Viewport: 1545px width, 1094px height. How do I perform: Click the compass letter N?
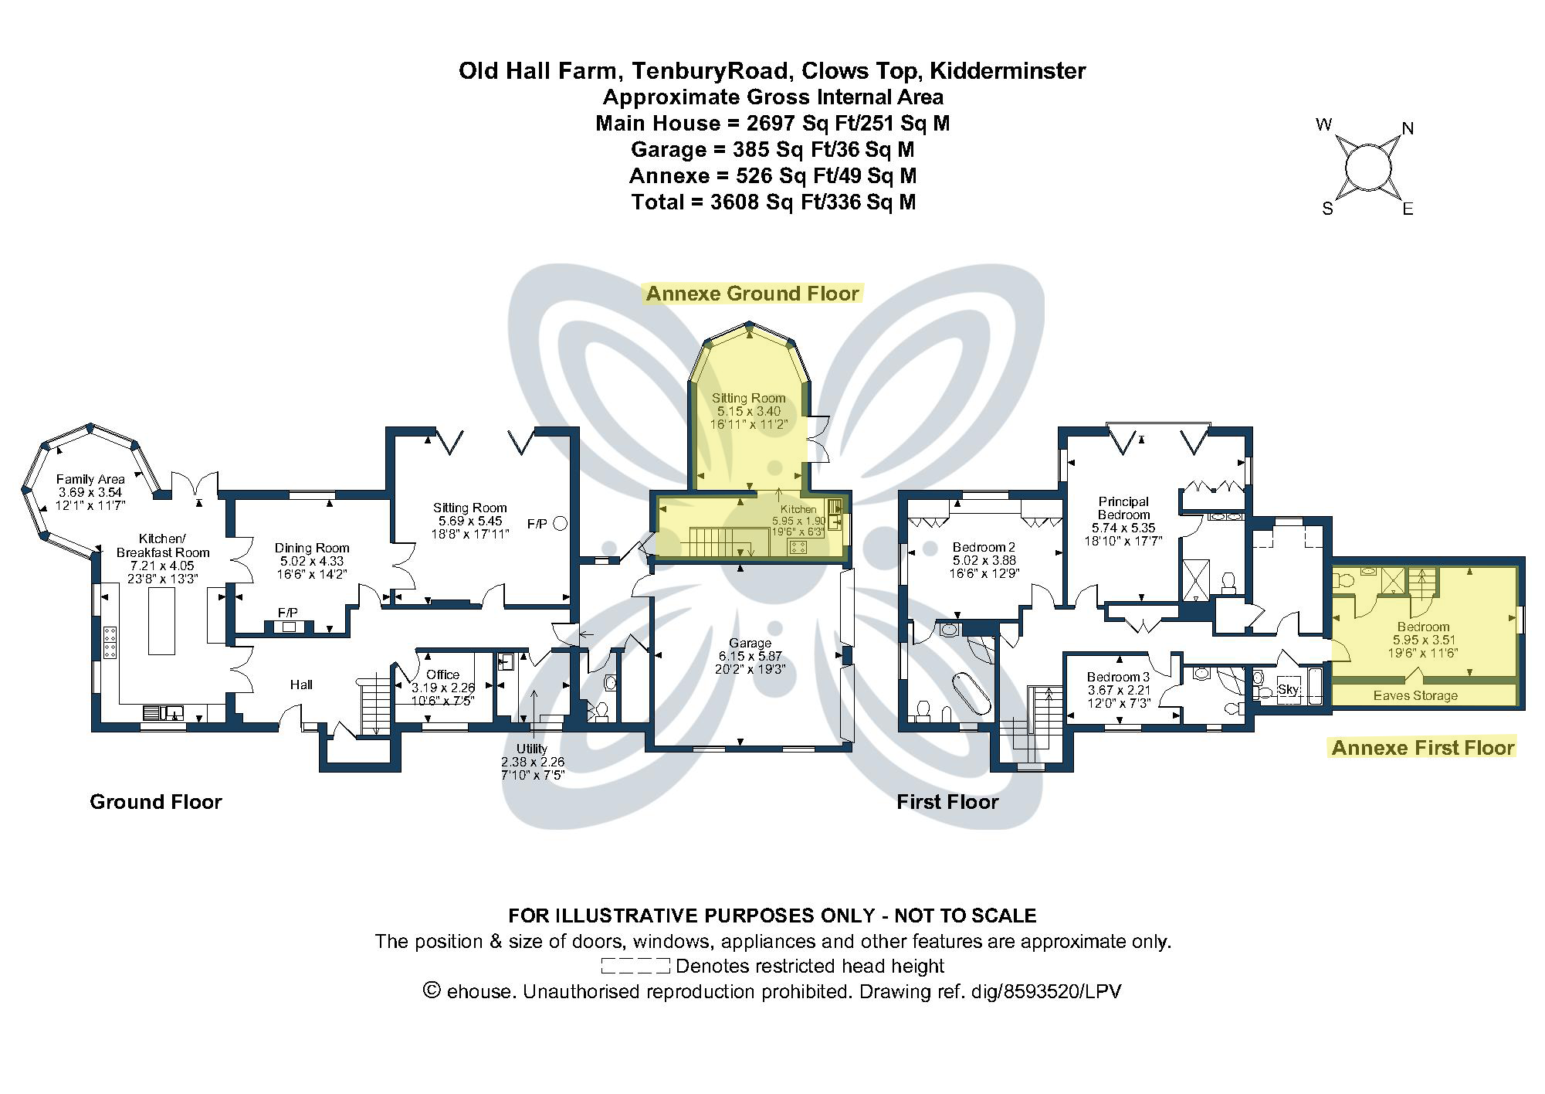1408,129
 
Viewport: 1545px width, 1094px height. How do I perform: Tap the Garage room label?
750,643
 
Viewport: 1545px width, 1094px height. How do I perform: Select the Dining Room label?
312,548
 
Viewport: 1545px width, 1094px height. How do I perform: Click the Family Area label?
90,479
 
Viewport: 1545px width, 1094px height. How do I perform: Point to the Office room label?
442,674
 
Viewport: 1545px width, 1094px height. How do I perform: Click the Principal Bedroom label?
1123,508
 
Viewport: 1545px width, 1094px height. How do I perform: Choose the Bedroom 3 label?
1118,677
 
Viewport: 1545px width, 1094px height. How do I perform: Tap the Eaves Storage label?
1415,695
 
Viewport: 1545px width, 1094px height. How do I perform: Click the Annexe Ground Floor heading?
752,294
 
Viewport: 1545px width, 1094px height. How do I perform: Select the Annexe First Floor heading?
1423,747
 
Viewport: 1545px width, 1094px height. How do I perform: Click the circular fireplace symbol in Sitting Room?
561,524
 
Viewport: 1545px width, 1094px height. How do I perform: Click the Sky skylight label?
1288,689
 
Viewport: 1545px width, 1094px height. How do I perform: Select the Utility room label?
532,749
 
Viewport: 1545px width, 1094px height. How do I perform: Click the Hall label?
301,685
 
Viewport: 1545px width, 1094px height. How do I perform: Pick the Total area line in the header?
773,202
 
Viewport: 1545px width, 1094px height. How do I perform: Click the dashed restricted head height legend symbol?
635,966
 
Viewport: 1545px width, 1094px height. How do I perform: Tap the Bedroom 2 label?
984,547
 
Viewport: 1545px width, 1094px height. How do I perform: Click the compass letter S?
1327,209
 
